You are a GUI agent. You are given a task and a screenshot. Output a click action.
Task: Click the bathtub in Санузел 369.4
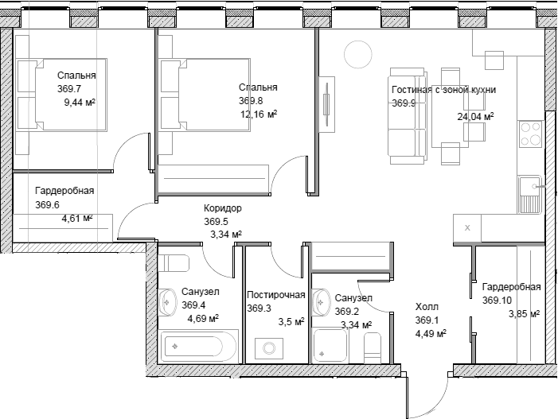coord(198,346)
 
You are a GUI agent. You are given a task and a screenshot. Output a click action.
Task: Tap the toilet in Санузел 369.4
coord(174,263)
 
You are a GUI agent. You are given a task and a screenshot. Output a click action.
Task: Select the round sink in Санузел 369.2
coord(321,302)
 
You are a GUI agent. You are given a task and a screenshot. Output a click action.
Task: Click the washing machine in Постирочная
coord(269,348)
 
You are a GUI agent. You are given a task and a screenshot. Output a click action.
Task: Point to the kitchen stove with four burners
coord(530,134)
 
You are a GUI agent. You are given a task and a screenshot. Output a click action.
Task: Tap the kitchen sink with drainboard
coord(530,195)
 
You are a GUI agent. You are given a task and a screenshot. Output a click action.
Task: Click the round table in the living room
coord(358,54)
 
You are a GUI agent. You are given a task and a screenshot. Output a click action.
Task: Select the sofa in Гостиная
coord(407,116)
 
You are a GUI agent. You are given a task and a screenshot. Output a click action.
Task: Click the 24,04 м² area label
coord(475,116)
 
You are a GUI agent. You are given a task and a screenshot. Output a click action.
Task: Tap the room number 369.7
coord(69,89)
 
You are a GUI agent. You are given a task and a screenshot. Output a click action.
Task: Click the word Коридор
coord(223,208)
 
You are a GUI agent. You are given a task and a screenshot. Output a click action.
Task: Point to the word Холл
coord(427,307)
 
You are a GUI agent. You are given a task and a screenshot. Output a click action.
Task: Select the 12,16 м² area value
coord(259,114)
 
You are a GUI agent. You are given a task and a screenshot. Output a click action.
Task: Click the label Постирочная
coord(276,295)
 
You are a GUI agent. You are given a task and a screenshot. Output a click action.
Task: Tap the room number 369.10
coord(497,301)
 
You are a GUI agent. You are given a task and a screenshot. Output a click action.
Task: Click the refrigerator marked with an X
coord(467,228)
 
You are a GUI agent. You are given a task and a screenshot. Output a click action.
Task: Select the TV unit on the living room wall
coord(326,104)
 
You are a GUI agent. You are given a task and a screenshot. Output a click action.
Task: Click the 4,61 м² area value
coord(77,218)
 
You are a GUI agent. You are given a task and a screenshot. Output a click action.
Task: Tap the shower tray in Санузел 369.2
coord(330,346)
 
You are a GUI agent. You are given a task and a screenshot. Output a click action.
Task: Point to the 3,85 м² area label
coord(525,314)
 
